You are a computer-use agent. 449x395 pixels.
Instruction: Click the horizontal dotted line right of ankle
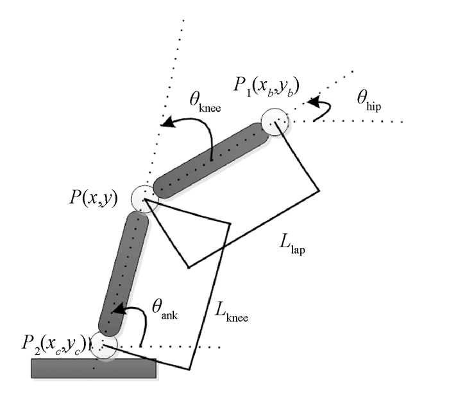click(180, 347)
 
